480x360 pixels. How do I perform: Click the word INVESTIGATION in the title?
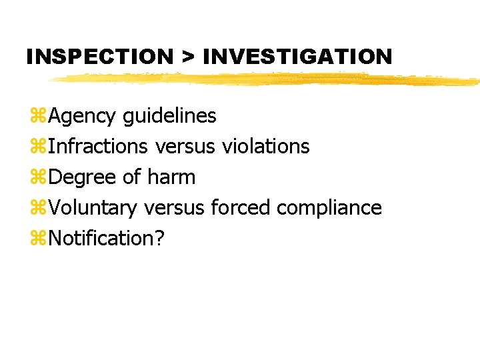[x=297, y=57]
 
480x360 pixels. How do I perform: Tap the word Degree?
[x=83, y=177]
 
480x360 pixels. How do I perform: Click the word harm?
[x=171, y=177]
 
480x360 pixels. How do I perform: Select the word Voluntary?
[x=93, y=208]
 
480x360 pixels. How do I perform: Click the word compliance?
[x=329, y=208]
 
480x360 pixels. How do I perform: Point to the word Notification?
[x=101, y=238]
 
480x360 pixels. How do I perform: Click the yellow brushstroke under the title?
[x=267, y=79]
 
